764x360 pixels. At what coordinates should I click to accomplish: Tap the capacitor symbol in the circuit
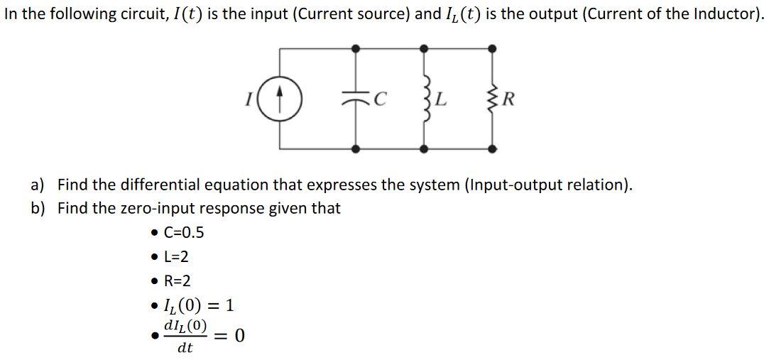click(x=356, y=98)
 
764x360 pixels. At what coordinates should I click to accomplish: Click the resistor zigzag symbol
click(x=491, y=98)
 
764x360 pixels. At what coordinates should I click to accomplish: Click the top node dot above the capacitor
click(x=356, y=48)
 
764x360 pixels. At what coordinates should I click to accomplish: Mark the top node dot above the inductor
click(x=424, y=48)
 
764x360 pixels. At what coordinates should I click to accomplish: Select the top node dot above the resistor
click(x=491, y=48)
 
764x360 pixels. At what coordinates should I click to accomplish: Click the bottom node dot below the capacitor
click(x=356, y=149)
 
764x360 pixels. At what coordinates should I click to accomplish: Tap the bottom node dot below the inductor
click(x=424, y=149)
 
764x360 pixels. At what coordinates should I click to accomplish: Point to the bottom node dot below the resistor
click(x=491, y=149)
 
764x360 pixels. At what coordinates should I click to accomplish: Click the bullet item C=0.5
click(x=183, y=232)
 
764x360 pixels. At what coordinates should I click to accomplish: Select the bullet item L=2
click(x=175, y=256)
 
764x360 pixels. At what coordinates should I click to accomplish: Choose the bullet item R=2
click(x=177, y=280)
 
